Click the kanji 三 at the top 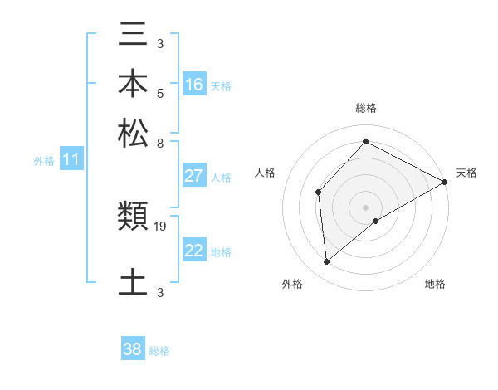[133, 35]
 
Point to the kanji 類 [133, 218]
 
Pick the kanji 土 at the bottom [133, 280]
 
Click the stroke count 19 [161, 226]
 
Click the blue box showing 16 [194, 85]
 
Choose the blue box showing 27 [194, 176]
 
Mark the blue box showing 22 [194, 251]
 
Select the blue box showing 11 [71, 160]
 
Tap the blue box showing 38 [133, 349]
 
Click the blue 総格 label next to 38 [160, 351]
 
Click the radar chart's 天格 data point [445, 183]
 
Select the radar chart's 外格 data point [327, 262]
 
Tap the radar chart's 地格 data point [376, 221]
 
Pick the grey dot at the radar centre [365, 207]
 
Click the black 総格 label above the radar [365, 108]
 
